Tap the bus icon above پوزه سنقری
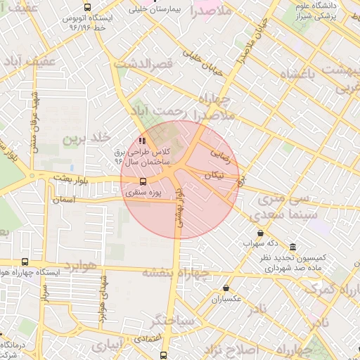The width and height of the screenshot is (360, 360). coord(143,181)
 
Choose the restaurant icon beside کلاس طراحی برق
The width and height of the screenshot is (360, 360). coord(144,139)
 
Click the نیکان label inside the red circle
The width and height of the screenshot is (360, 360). coord(217,174)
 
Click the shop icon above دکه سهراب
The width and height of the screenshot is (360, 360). coord(260,233)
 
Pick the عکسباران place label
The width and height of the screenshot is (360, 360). coord(226,299)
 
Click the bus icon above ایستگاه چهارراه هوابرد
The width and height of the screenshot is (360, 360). coord(25,262)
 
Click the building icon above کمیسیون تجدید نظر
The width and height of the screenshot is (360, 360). coord(292,247)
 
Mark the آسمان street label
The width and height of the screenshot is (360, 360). coord(61,200)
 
